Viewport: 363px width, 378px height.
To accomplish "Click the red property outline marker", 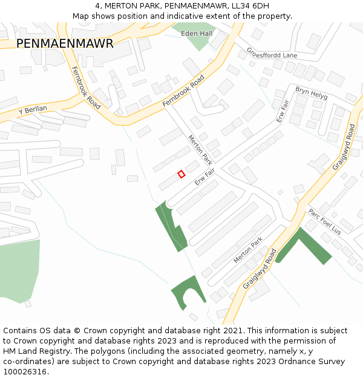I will (x=181, y=174).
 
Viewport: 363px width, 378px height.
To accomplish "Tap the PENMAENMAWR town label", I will (x=65, y=44).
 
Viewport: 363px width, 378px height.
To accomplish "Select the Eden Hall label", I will (x=197, y=33).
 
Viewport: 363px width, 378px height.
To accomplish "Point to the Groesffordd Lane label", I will (x=272, y=53).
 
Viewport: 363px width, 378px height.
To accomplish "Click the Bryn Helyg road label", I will (x=311, y=93).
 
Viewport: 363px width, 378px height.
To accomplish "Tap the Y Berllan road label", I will (x=32, y=111).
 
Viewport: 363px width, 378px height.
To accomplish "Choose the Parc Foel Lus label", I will (x=325, y=222).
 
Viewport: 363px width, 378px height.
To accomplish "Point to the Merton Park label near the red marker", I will (x=200, y=151).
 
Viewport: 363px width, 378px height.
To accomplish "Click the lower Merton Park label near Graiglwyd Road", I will (x=248, y=250).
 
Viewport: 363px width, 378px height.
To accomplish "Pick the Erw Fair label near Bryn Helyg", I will (x=282, y=112).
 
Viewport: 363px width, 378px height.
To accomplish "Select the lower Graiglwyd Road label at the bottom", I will (x=260, y=268).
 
